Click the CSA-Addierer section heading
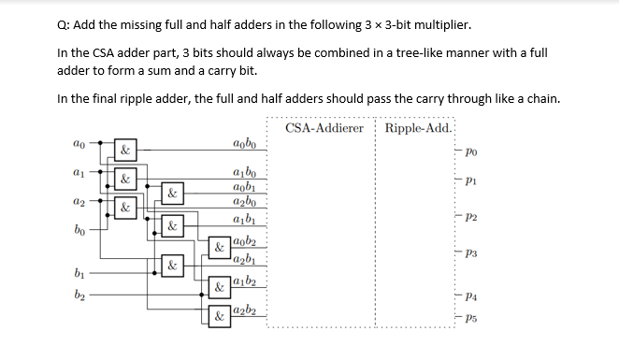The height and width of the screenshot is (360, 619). [x=324, y=127]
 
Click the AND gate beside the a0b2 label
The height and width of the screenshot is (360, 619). [x=217, y=249]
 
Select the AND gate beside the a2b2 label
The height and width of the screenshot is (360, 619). [x=217, y=316]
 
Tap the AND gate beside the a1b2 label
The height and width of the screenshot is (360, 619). [x=217, y=286]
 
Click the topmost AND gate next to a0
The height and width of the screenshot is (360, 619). [x=124, y=150]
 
